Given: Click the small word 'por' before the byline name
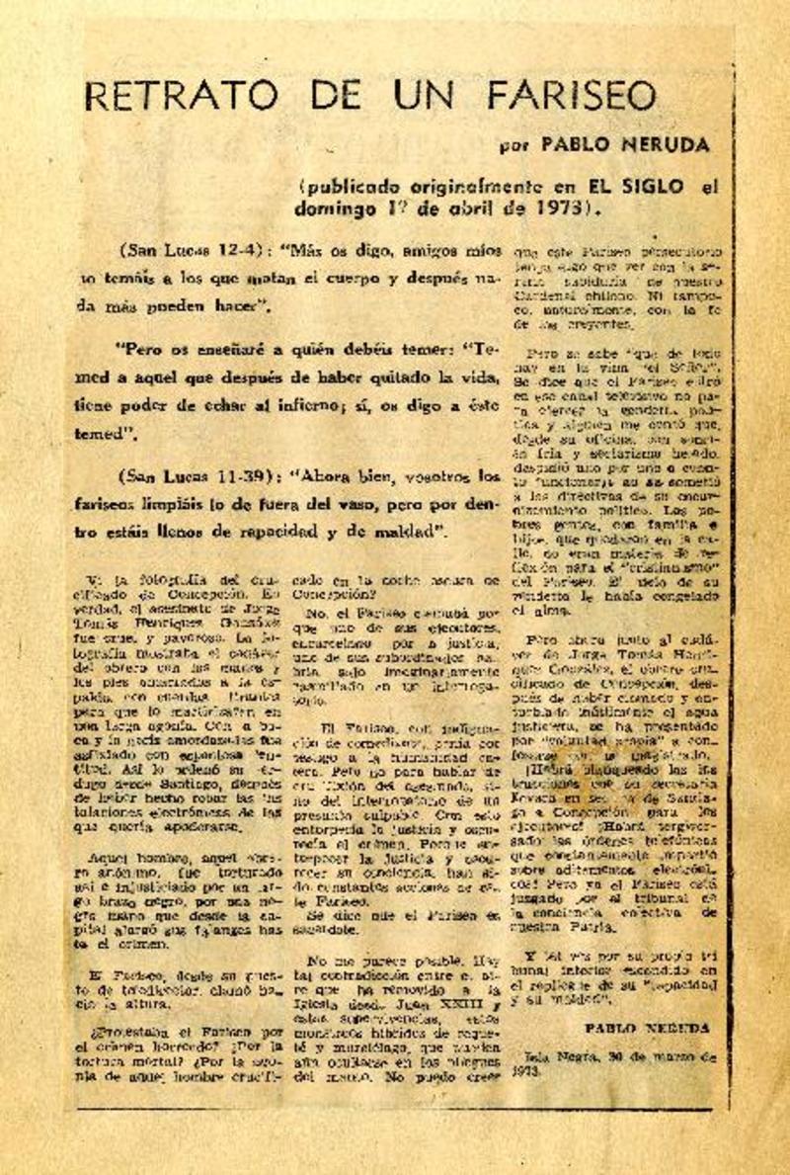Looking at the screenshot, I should click(514, 146).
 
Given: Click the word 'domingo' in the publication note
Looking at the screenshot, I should click(332, 209).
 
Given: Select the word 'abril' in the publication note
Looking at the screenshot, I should click(480, 209).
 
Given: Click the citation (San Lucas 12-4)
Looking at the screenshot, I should click(186, 250).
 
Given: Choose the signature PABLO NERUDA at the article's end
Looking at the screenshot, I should click(646, 1028).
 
